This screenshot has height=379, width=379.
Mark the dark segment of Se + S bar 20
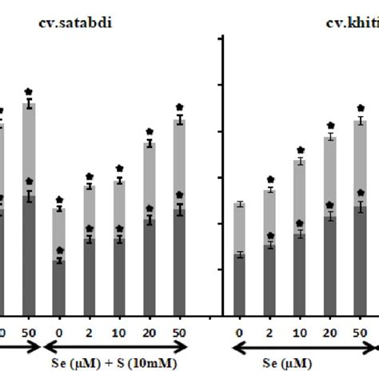pyautogui.click(x=149, y=268)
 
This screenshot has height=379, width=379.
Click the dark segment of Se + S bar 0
pyautogui.click(x=59, y=288)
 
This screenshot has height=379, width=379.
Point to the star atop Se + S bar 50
pyautogui.click(x=179, y=106)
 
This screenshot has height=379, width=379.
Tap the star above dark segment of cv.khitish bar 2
pyautogui.click(x=270, y=236)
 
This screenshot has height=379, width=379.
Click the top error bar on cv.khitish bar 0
pyautogui.click(x=239, y=205)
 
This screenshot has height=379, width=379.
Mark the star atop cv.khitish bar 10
pyautogui.click(x=301, y=150)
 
